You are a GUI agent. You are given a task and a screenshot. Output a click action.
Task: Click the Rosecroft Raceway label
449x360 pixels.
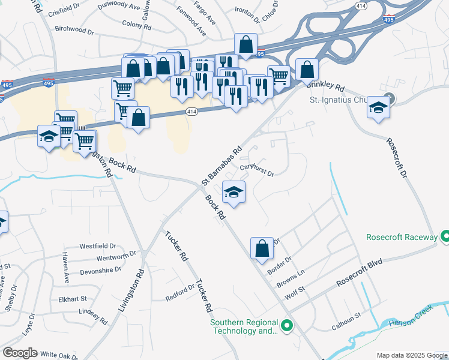click(402, 237)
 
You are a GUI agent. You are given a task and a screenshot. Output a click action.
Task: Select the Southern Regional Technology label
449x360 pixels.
click(244, 326)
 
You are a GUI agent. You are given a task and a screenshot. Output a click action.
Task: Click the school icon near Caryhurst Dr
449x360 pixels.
click(234, 192)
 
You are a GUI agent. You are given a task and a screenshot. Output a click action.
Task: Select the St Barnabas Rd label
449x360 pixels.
click(221, 164)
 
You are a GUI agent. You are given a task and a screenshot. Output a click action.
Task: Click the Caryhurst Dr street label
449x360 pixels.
click(257, 171)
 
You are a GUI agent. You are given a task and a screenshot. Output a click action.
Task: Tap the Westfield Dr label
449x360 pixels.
click(98, 246)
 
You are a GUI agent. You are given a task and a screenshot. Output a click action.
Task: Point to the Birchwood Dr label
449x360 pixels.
click(74, 29)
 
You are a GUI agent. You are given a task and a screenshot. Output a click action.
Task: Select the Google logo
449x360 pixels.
click(20, 353)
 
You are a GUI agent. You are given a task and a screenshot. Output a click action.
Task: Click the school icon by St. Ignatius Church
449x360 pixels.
click(378, 107)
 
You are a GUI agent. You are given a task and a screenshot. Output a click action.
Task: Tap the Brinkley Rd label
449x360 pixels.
click(327, 86)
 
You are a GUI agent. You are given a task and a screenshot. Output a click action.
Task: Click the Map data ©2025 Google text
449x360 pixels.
click(411, 355)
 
